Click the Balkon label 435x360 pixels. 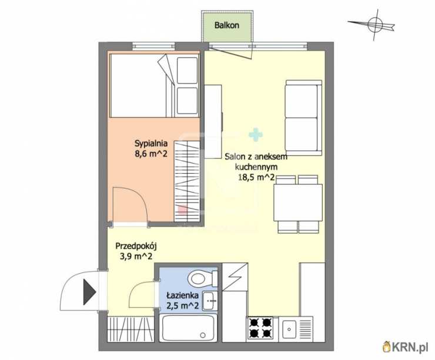(x=227, y=25)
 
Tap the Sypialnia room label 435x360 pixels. (x=151, y=143)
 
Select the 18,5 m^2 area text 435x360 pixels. (x=256, y=177)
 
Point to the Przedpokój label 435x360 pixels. (x=136, y=246)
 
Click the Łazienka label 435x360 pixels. (x=182, y=295)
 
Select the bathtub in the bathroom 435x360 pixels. (x=188, y=328)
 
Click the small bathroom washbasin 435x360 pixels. (x=210, y=301)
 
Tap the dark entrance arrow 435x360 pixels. (x=89, y=292)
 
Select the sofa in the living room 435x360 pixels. (x=304, y=117)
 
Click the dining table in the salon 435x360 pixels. (x=298, y=203)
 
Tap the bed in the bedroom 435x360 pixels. (x=154, y=85)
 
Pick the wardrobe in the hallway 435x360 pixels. (x=130, y=329)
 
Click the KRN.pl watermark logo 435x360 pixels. (x=404, y=346)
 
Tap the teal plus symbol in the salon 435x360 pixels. (x=256, y=134)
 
